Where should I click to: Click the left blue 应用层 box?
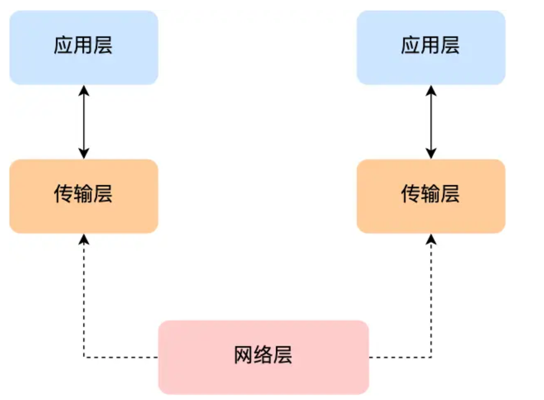[x=84, y=47]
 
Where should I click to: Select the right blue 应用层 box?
[x=431, y=47]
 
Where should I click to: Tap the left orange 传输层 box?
[x=84, y=196]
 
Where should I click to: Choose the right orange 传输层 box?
[x=431, y=196]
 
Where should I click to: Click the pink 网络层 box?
[x=263, y=356]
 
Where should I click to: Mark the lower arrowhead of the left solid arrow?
[x=84, y=154]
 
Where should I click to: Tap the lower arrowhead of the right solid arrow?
[x=431, y=154]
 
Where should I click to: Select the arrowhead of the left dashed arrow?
[x=84, y=239]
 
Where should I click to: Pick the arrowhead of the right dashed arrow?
[x=431, y=239]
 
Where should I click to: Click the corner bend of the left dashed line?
[x=84, y=357]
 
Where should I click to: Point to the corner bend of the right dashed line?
[x=431, y=357]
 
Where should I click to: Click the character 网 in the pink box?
[x=243, y=355]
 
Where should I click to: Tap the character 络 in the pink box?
[x=263, y=355]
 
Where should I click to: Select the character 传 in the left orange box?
[x=63, y=194]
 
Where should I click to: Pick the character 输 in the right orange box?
[x=430, y=194]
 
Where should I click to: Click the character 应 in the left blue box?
[x=63, y=46]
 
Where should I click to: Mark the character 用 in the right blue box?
[x=430, y=46]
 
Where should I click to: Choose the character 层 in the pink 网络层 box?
[x=283, y=355]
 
